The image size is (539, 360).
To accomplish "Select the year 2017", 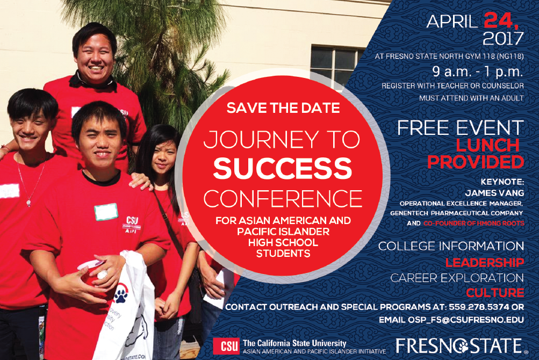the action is pyautogui.click(x=503, y=39).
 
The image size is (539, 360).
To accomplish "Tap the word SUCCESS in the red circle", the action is pyautogui.click(x=283, y=168).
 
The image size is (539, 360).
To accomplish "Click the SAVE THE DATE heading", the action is pyautogui.click(x=283, y=108).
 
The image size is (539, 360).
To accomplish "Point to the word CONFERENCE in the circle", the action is pyautogui.click(x=283, y=198).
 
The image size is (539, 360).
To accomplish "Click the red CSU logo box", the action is pyautogui.click(x=226, y=346).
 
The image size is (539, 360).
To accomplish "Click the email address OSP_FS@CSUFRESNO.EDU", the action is pyautogui.click(x=466, y=320).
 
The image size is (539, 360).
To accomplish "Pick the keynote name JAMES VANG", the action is pyautogui.click(x=494, y=193).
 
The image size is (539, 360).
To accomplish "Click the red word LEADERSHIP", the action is pyautogui.click(x=485, y=263).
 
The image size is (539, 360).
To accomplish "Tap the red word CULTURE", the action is pyautogui.click(x=495, y=293).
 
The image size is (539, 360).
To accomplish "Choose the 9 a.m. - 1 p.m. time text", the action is pyautogui.click(x=478, y=71).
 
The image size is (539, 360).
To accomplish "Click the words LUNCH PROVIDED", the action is pyautogui.click(x=476, y=154).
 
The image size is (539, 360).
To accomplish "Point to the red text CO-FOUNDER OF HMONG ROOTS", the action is pyautogui.click(x=473, y=223).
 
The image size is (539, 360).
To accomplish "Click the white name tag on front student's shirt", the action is pyautogui.click(x=106, y=212).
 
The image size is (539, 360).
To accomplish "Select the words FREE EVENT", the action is pyautogui.click(x=461, y=128).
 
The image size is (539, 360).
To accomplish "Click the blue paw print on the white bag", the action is pyautogui.click(x=121, y=294).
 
